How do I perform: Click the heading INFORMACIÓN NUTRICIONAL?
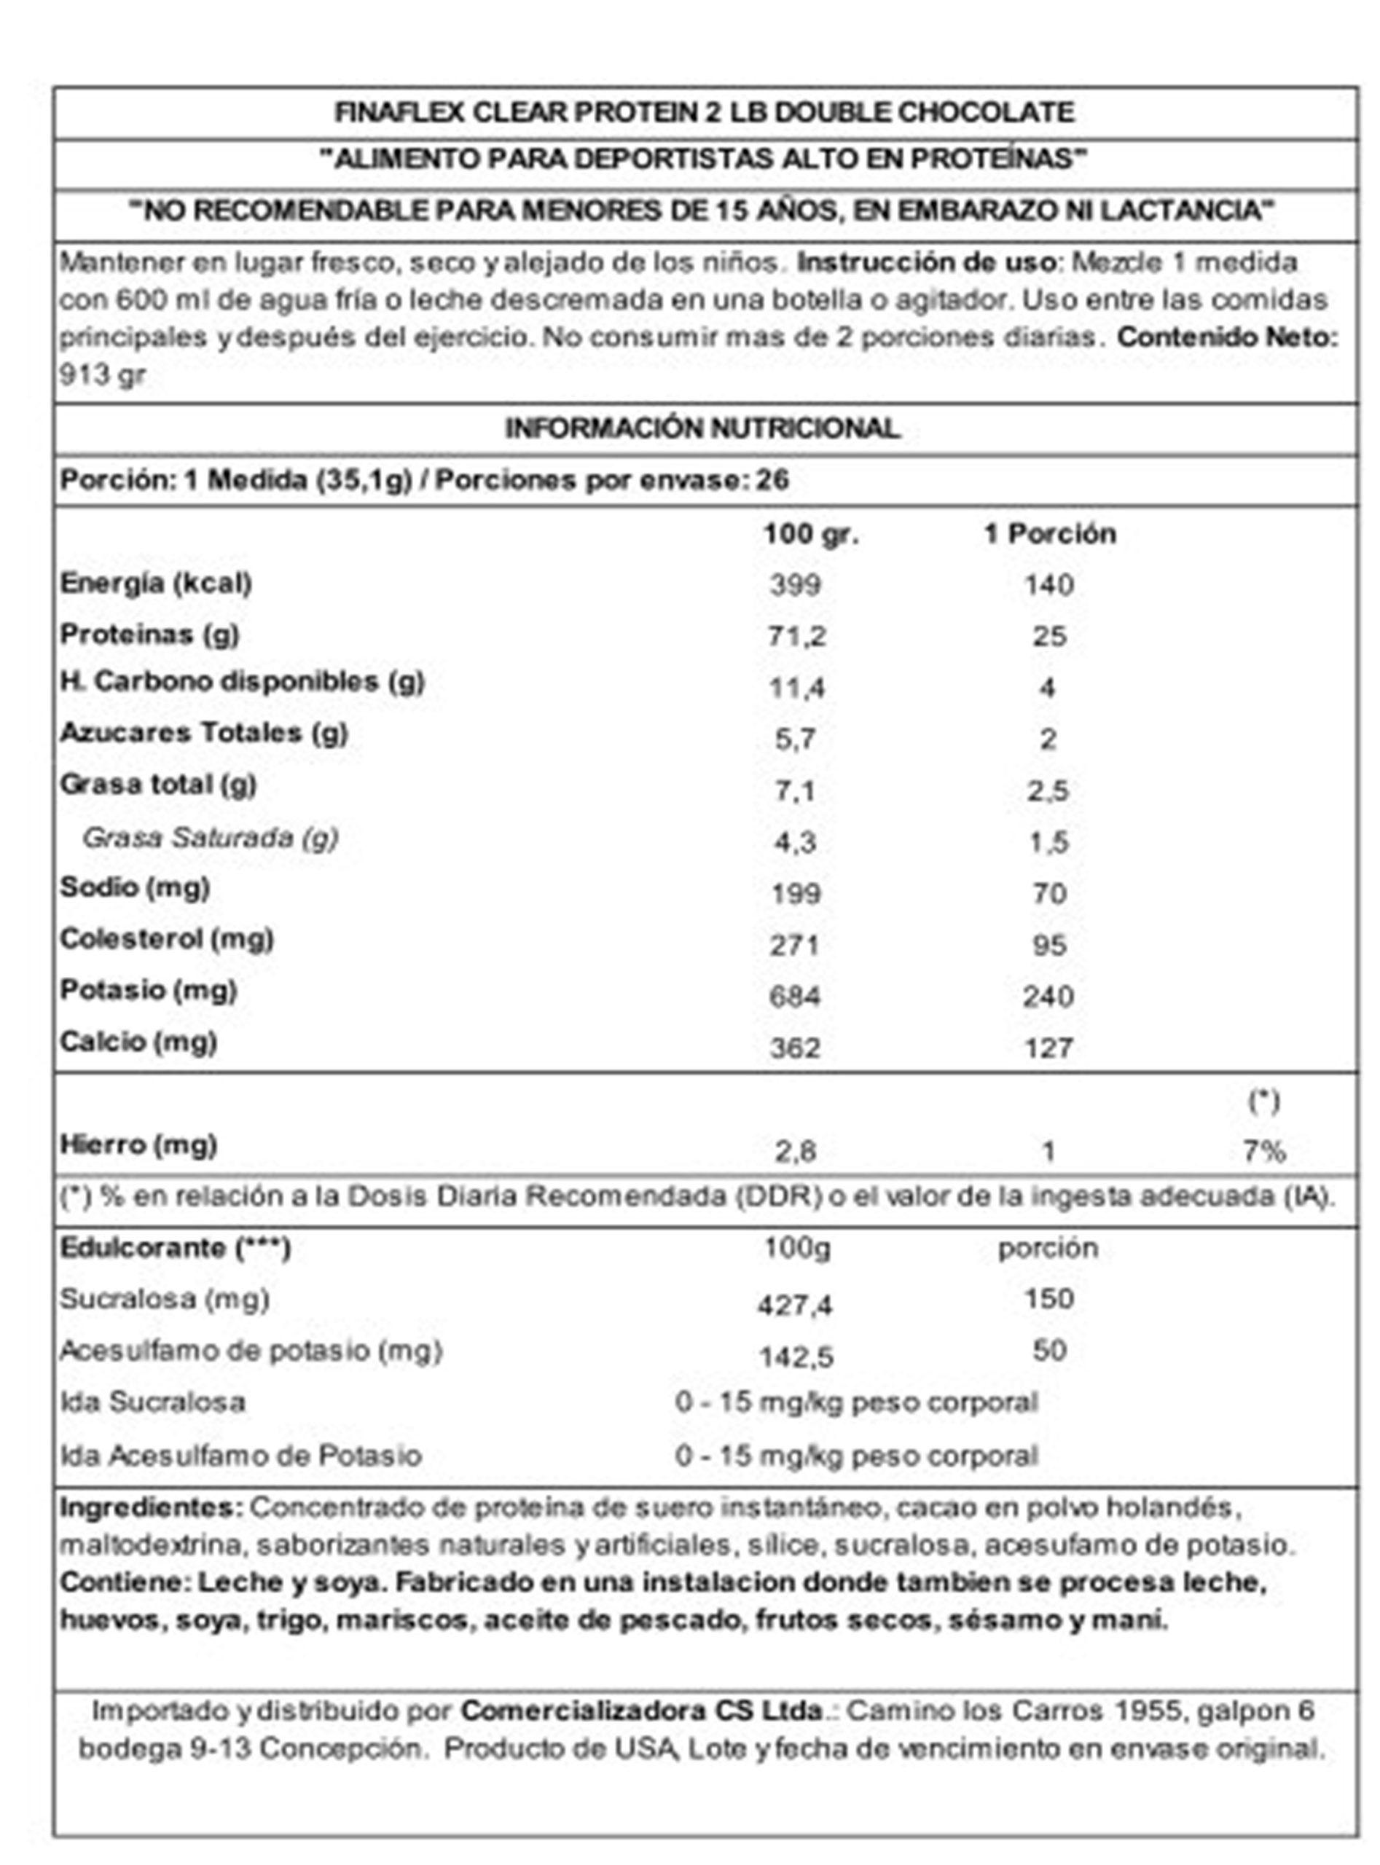pyautogui.click(x=702, y=428)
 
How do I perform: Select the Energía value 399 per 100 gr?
pyautogui.click(x=794, y=585)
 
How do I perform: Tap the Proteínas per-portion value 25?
pyautogui.click(x=1048, y=637)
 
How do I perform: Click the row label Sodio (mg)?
pyautogui.click(x=135, y=888)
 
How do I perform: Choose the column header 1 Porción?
pyautogui.click(x=1049, y=534)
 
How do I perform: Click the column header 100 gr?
pyautogui.click(x=810, y=534)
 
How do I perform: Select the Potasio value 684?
pyautogui.click(x=794, y=997)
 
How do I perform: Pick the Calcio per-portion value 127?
pyautogui.click(x=1048, y=1048)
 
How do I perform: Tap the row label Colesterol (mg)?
pyautogui.click(x=166, y=940)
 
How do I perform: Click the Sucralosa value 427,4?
pyautogui.click(x=794, y=1305)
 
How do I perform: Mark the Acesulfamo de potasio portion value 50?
pyautogui.click(x=1049, y=1351)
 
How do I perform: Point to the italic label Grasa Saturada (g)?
pyautogui.click(x=210, y=838)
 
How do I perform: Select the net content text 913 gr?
pyautogui.click(x=102, y=375)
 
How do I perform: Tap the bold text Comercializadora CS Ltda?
pyautogui.click(x=642, y=1711)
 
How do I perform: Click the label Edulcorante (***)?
pyautogui.click(x=175, y=1249)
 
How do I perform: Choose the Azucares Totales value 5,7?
pyautogui.click(x=794, y=739)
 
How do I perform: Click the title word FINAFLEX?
pyautogui.click(x=399, y=112)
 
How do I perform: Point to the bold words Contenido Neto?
pyautogui.click(x=1226, y=337)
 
